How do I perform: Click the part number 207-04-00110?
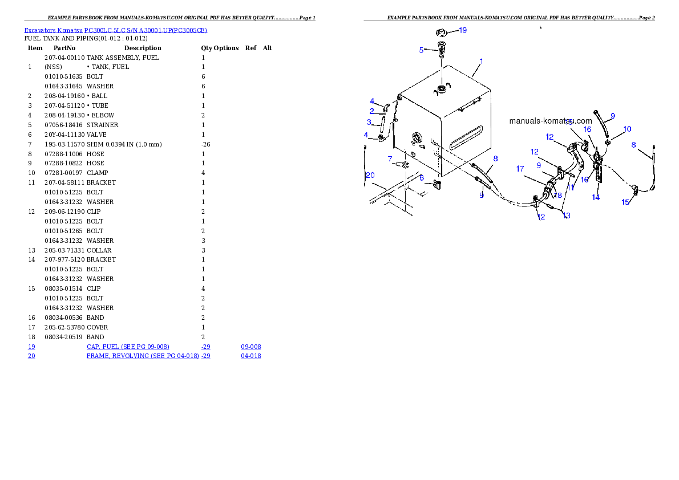pyautogui.click(x=64, y=58)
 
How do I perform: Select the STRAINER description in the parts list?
pyautogui.click(x=102, y=125)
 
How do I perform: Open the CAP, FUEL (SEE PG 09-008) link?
pyautogui.click(x=128, y=347)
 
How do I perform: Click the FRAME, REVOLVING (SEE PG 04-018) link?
pyautogui.click(x=143, y=356)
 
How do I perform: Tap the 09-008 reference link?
pyautogui.click(x=250, y=347)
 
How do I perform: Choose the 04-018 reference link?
pyautogui.click(x=250, y=356)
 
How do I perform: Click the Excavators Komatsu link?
pyautogui.click(x=53, y=30)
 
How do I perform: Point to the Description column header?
pyautogui.click(x=143, y=48)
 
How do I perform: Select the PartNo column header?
pyautogui.click(x=64, y=48)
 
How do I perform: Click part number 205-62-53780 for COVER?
pyautogui.click(x=64, y=328)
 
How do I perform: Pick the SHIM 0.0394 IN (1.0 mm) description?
pyautogui.click(x=124, y=145)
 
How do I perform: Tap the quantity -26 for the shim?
pyautogui.click(x=205, y=145)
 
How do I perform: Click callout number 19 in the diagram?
pyautogui.click(x=463, y=30)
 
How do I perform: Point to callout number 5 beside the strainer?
pyautogui.click(x=421, y=50)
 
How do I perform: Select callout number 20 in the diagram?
pyautogui.click(x=370, y=175)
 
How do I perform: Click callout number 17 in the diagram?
pyautogui.click(x=520, y=169)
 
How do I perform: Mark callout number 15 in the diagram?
pyautogui.click(x=625, y=202)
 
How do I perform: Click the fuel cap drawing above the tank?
pyautogui.click(x=441, y=32)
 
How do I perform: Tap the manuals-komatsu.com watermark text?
pyautogui.click(x=551, y=121)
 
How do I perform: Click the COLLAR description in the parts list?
pyautogui.click(x=99, y=251)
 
